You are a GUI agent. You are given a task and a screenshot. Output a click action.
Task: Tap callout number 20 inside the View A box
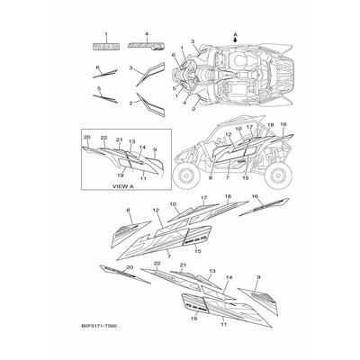(x=86, y=137)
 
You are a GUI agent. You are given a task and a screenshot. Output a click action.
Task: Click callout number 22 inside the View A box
(x=103, y=138)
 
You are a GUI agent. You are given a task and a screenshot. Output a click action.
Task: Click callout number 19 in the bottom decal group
(x=194, y=318)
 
